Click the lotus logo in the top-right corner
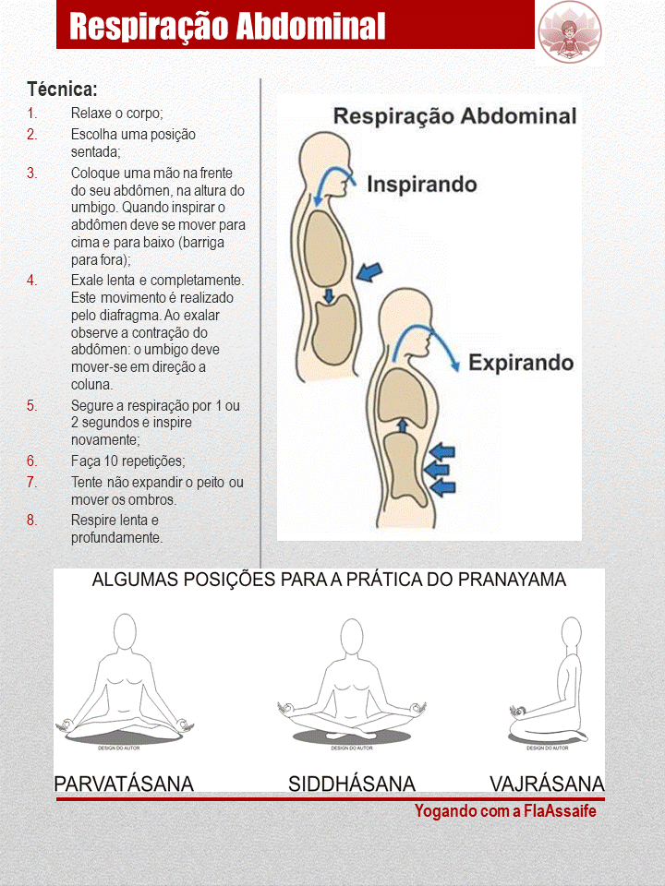point(569,31)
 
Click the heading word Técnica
point(63,90)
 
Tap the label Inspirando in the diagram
point(422,184)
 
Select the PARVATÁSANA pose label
point(124,784)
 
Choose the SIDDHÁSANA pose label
point(352,784)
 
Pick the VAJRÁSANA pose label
point(547,784)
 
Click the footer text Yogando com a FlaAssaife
point(505,811)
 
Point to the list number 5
point(32,405)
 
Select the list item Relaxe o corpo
point(117,114)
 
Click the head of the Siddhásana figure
point(352,636)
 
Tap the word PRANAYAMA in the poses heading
point(512,581)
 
